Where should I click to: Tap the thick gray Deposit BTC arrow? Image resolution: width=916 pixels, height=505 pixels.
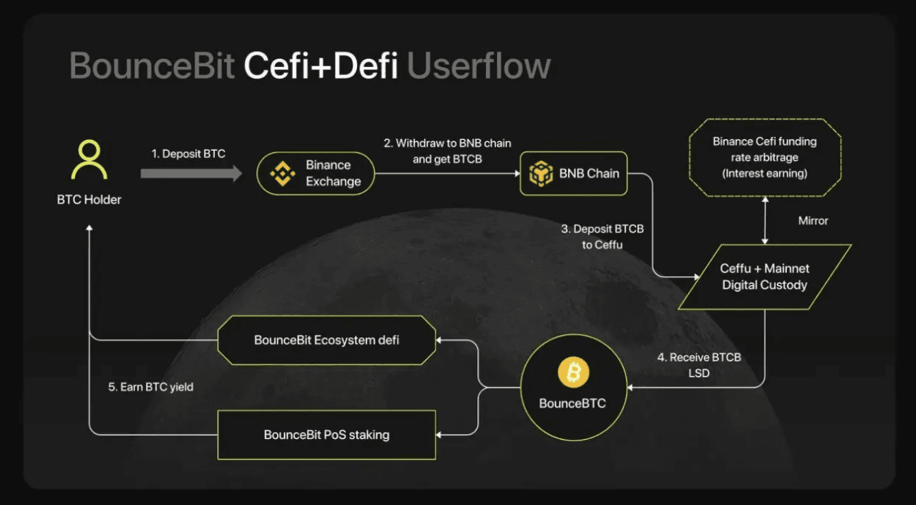(x=191, y=173)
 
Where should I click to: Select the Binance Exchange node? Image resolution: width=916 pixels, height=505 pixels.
(x=316, y=173)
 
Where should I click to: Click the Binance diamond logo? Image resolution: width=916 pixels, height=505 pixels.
(x=283, y=173)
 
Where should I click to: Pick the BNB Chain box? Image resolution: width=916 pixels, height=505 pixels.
(x=573, y=173)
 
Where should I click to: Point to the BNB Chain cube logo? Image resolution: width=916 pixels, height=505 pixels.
(x=541, y=173)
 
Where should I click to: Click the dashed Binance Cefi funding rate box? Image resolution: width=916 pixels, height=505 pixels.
(x=764, y=158)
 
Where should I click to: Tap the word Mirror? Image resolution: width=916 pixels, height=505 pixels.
(x=813, y=221)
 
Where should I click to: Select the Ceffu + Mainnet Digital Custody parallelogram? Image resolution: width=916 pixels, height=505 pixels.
(x=764, y=277)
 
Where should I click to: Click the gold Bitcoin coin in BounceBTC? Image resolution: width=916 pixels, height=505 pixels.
(x=573, y=372)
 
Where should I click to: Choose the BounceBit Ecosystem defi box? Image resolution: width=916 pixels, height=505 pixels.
(x=326, y=340)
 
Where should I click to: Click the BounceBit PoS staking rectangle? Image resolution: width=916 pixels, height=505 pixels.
(x=326, y=435)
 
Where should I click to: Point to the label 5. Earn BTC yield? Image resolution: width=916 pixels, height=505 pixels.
(x=150, y=387)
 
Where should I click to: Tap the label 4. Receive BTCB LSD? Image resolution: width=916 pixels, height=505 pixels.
(x=699, y=364)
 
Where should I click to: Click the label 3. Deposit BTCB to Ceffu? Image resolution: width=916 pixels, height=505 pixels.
(x=602, y=237)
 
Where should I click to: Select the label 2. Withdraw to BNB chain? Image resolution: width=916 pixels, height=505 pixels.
(x=447, y=143)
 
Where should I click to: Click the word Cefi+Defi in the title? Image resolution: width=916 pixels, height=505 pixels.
(x=321, y=66)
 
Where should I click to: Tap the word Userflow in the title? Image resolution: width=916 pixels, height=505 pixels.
(x=479, y=66)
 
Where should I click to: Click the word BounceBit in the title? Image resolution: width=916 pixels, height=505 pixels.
(x=152, y=66)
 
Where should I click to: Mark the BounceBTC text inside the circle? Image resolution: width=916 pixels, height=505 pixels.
(x=573, y=403)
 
